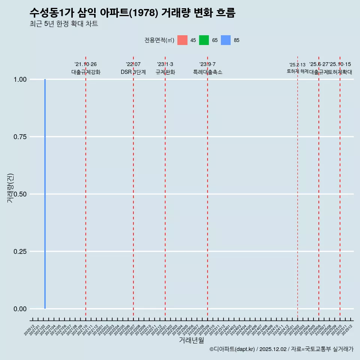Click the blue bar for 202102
45,194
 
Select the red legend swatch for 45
182,40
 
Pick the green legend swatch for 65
204,40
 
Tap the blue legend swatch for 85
226,40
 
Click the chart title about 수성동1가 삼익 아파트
132,13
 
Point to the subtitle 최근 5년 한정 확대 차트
64,24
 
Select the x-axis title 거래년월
192,340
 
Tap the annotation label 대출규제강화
86,72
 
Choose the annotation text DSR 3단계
133,72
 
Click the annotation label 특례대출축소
207,72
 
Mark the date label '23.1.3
165,64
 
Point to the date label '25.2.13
297,65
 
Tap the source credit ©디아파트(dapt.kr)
232,349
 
